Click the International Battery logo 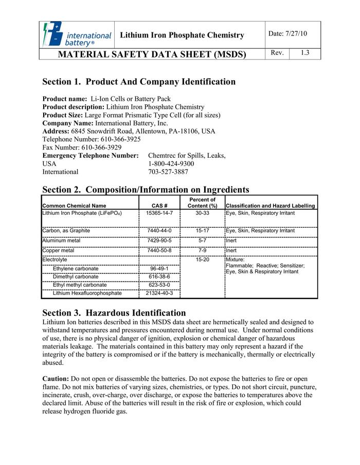coord(78,35)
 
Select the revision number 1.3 coord(305,53)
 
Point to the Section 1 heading coord(139,82)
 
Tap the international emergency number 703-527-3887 coord(168,172)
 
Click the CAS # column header coord(159,206)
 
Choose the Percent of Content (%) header coord(202,202)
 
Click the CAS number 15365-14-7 coord(159,213)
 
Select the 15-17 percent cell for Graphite coord(202,231)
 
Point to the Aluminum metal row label coord(61,240)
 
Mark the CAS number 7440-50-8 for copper coord(159,250)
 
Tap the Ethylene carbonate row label coord(76,269)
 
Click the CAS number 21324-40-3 coord(159,293)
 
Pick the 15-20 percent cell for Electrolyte coord(202,260)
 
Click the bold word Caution coord(55,379)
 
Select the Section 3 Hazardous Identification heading coord(114,313)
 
